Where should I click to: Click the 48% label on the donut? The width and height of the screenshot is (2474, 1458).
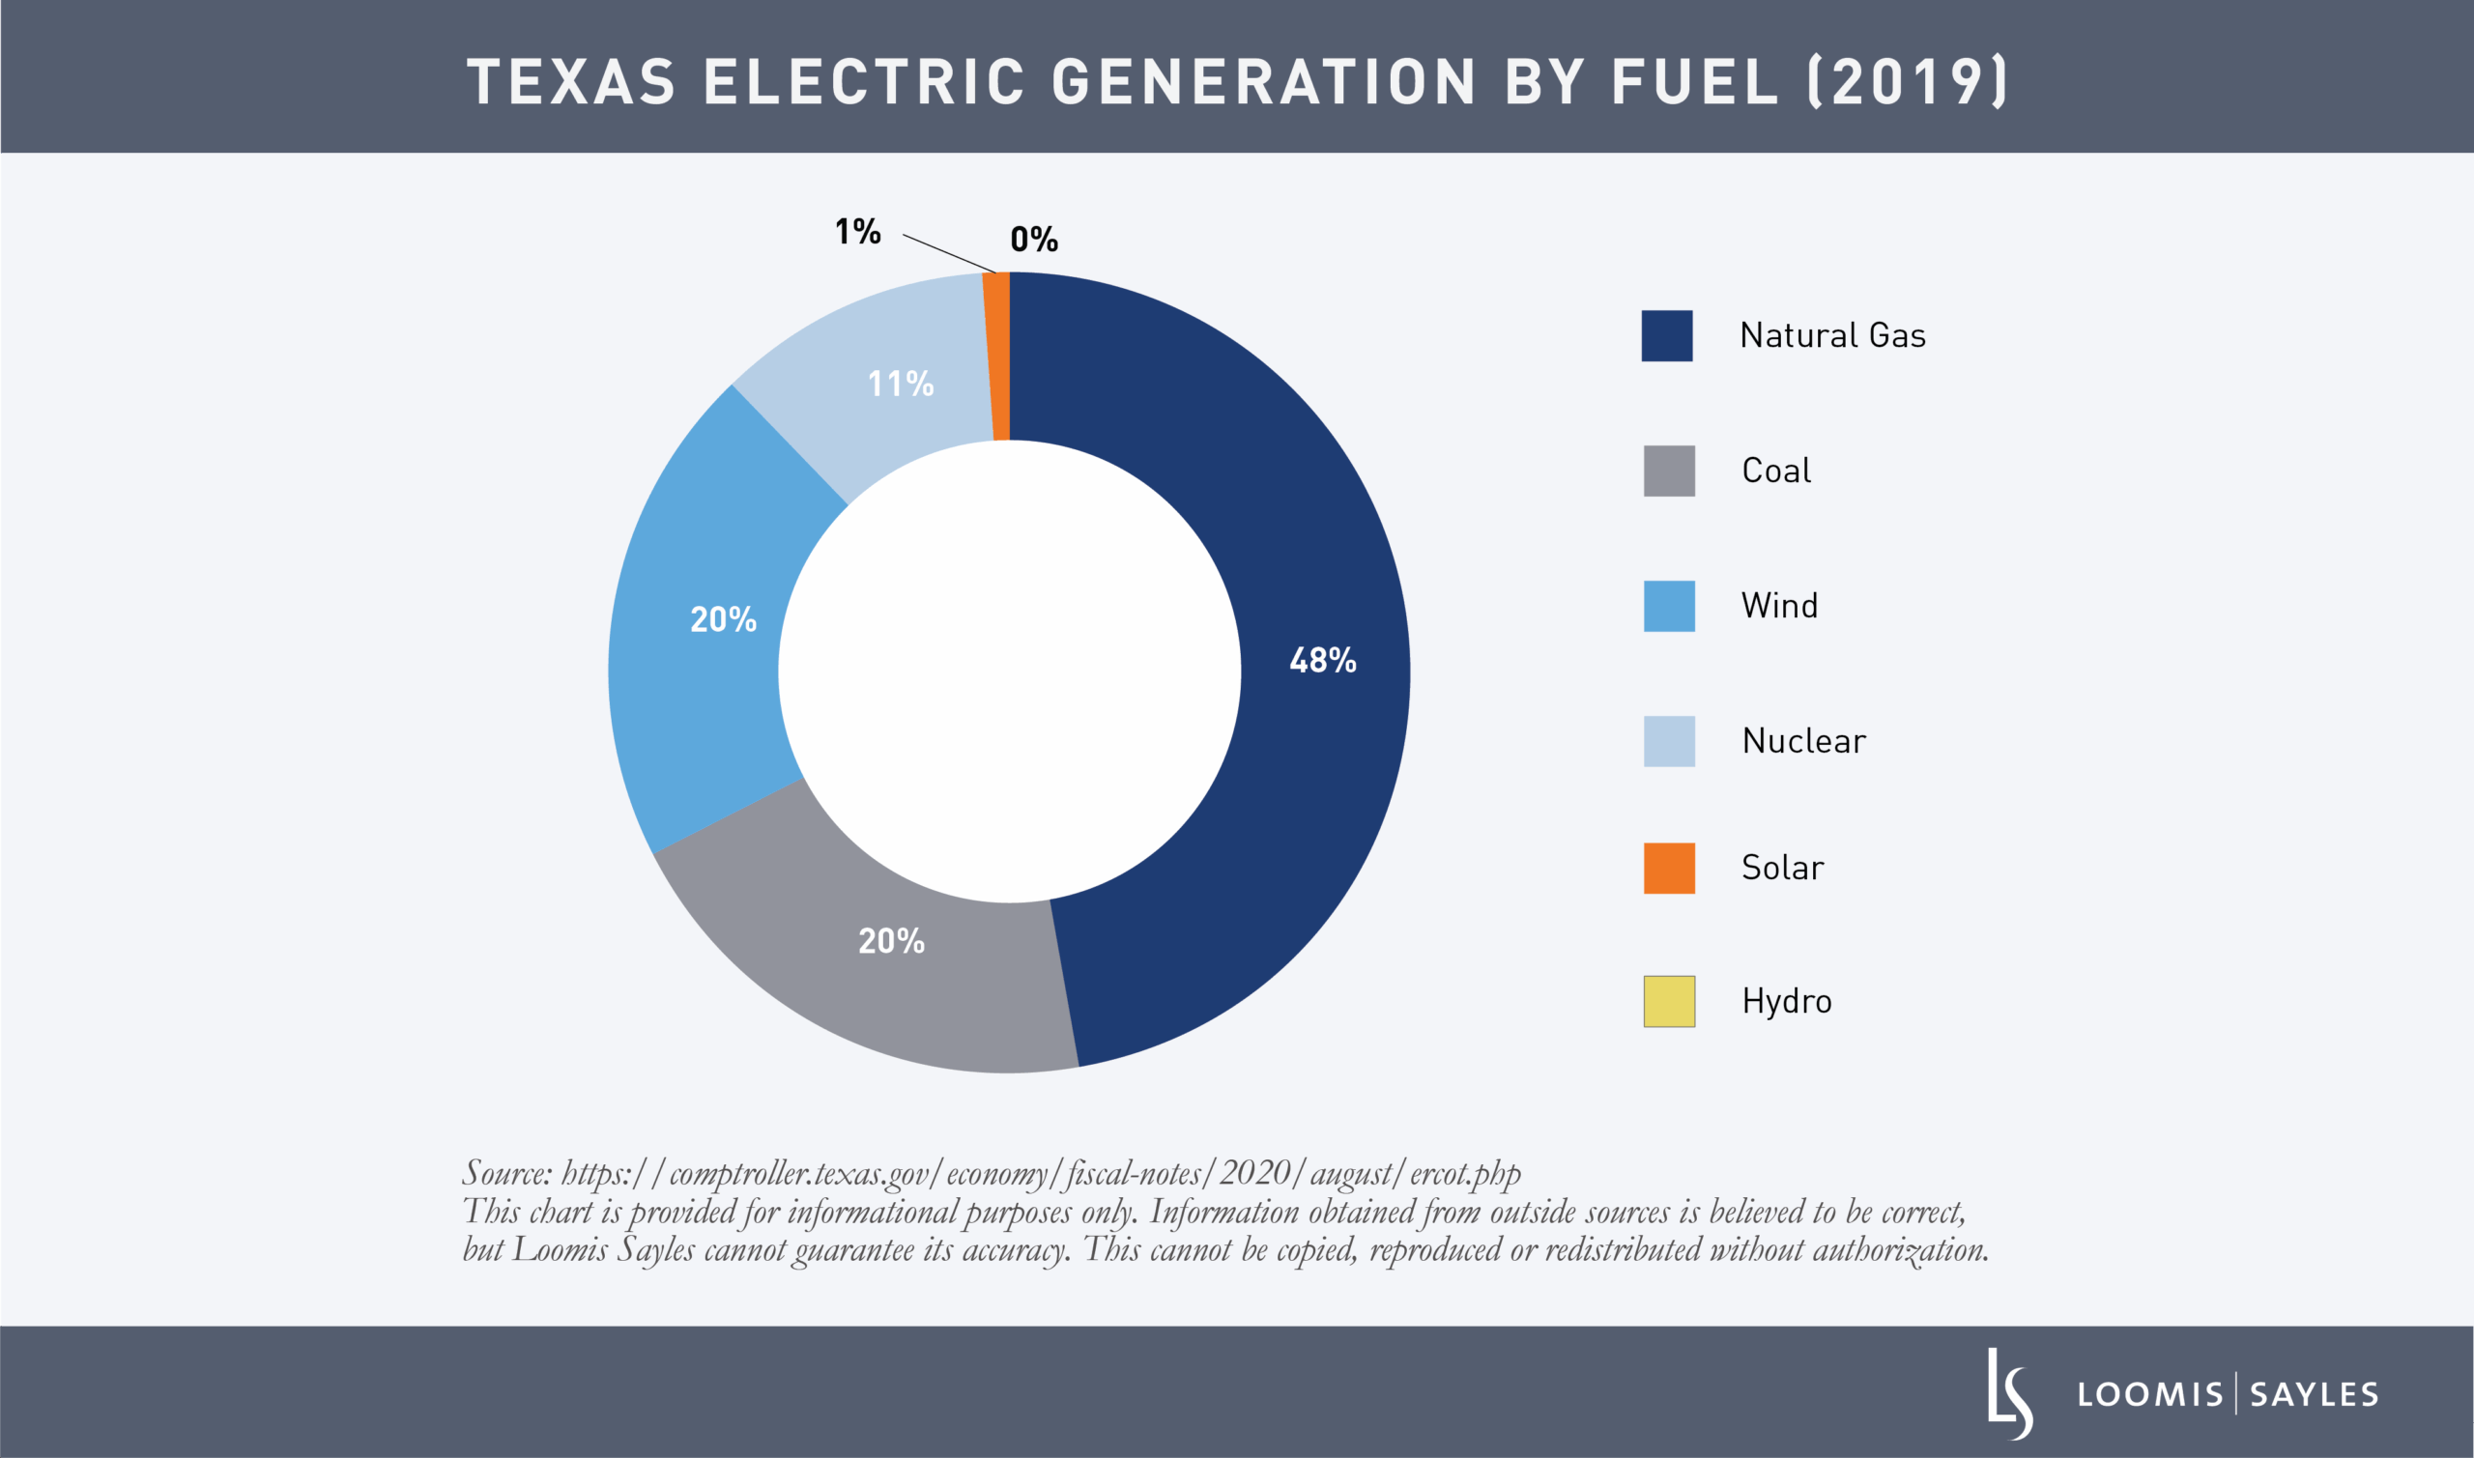pos(1322,660)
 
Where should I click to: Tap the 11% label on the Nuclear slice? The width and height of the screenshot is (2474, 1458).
pos(900,384)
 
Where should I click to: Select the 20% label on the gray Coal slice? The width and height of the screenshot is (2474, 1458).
pos(891,941)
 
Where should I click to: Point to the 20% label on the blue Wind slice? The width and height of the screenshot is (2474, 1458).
pos(723,619)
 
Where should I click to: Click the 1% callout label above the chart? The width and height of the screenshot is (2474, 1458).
pos(858,232)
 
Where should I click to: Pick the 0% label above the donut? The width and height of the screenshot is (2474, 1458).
pos(1034,240)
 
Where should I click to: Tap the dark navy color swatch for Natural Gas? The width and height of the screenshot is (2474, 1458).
pos(1666,336)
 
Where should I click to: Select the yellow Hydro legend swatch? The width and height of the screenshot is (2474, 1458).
pos(1668,1001)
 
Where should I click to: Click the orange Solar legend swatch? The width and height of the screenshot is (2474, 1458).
pos(1668,868)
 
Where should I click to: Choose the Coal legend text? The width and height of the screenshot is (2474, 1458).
pos(1775,471)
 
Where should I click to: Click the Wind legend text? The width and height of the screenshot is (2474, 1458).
pos(1778,605)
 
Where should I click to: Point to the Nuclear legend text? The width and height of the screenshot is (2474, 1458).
pos(1803,741)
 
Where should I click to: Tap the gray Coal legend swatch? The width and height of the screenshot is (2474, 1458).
pos(1668,471)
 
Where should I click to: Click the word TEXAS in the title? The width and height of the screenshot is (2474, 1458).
pos(572,81)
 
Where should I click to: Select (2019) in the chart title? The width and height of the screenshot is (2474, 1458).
pos(1907,81)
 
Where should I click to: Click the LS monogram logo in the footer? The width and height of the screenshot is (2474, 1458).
pos(2009,1393)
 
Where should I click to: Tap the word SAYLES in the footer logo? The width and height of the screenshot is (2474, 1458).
pos(2314,1394)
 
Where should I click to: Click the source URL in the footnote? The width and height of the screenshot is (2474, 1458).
pos(1041,1173)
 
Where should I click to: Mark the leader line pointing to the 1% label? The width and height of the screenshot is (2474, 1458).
pos(949,253)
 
